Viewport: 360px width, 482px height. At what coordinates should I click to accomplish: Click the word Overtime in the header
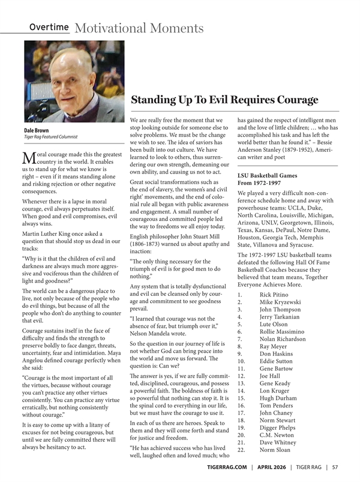pyautogui.click(x=49, y=28)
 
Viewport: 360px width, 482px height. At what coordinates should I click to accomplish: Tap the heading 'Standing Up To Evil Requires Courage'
pyautogui.click(x=224, y=99)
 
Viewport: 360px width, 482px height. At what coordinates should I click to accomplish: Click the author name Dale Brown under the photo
pyautogui.click(x=37, y=130)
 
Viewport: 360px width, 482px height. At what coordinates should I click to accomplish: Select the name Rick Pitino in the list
pyautogui.click(x=274, y=294)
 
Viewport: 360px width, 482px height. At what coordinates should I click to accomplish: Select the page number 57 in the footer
pyautogui.click(x=335, y=467)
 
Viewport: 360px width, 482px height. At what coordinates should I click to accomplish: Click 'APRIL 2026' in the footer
pyautogui.click(x=271, y=467)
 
